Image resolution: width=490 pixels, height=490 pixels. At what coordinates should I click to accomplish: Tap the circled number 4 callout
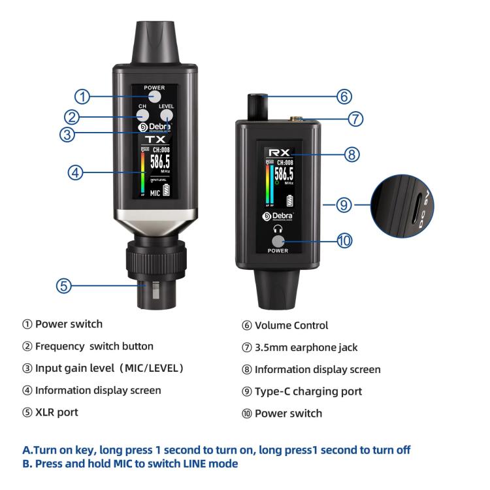pos(76,172)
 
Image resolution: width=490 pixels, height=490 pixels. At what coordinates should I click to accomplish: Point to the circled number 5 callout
pos(63,285)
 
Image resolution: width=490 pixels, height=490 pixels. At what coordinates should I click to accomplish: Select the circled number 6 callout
pos(344,95)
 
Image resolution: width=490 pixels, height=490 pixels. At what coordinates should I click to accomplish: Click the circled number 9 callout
pos(344,205)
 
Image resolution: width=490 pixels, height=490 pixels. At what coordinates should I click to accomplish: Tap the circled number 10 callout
pos(344,240)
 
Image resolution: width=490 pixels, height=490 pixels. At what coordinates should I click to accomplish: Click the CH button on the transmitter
pos(142,116)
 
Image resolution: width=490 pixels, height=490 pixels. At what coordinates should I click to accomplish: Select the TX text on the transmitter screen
pos(155,140)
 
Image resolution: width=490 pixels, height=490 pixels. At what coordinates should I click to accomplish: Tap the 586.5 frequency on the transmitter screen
pos(161,163)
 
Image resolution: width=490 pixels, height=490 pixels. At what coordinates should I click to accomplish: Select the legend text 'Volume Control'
pos(291,324)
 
